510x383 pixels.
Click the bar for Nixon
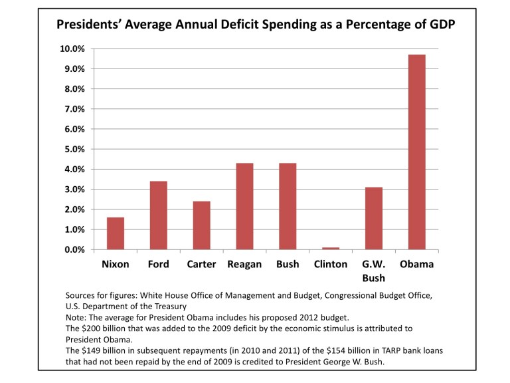point(116,233)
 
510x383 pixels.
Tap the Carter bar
point(202,225)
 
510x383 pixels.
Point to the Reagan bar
point(244,206)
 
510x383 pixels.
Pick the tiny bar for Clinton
point(331,248)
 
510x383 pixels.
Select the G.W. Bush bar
point(373,218)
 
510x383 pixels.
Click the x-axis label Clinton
point(330,265)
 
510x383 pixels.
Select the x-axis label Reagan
point(244,265)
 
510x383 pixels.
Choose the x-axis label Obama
point(416,265)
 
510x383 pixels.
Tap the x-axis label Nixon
point(116,265)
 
